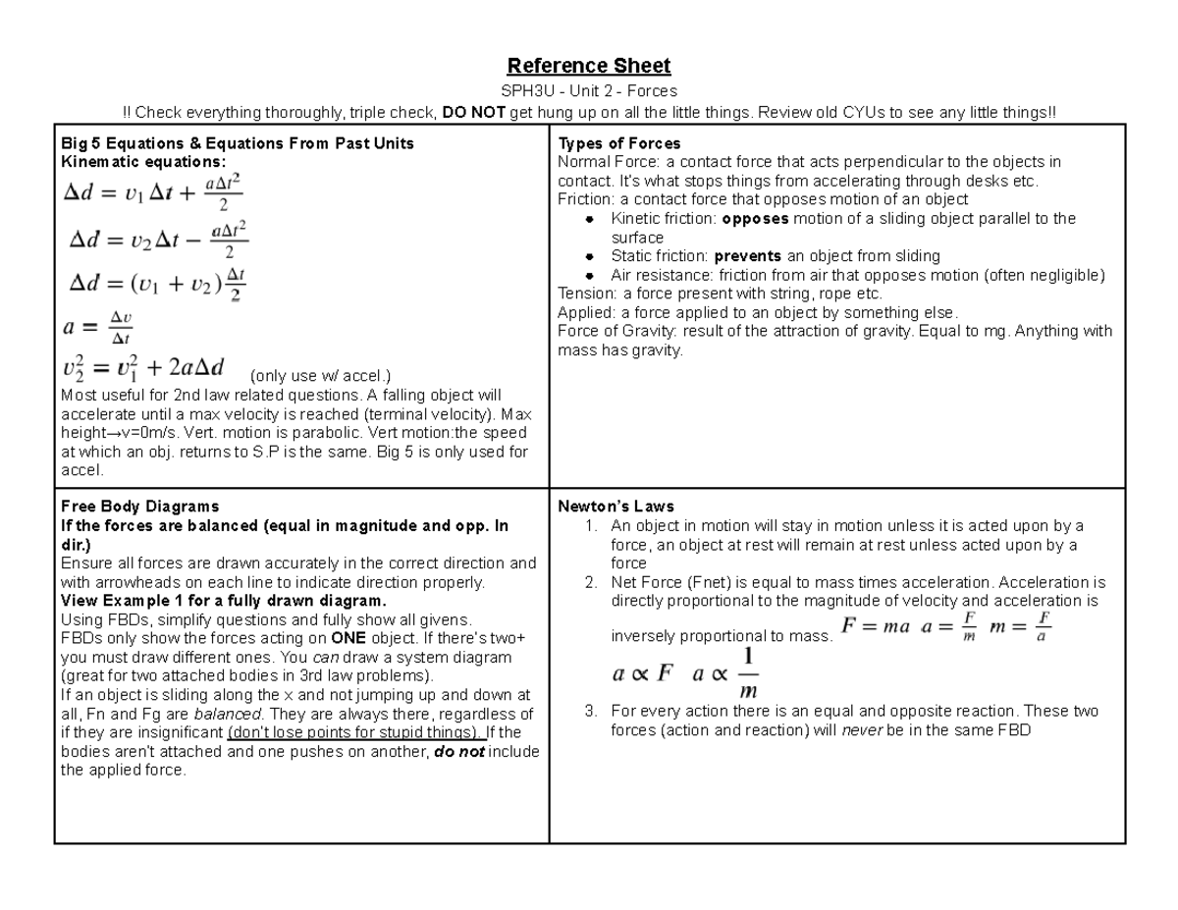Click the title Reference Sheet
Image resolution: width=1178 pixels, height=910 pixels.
pyautogui.click(x=588, y=66)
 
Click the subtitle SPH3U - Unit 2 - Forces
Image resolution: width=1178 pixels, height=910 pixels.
pyautogui.click(x=588, y=91)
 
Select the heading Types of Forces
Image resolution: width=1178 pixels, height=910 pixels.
pyautogui.click(x=618, y=143)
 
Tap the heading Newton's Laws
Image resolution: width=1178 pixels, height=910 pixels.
pyautogui.click(x=616, y=507)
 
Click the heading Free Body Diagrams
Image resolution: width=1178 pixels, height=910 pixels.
pyautogui.click(x=139, y=507)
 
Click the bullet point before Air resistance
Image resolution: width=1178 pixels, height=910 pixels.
pyautogui.click(x=589, y=276)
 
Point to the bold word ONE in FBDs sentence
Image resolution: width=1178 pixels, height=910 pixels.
pyautogui.click(x=350, y=638)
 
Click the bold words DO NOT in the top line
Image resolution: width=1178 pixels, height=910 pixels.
pyautogui.click(x=473, y=113)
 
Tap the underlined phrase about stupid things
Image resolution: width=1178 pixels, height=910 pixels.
pyautogui.click(x=354, y=732)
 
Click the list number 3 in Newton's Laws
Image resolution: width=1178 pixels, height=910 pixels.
pyautogui.click(x=590, y=711)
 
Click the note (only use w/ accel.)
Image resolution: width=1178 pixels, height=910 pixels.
pyautogui.click(x=321, y=376)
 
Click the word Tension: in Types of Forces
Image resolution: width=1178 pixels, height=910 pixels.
pyautogui.click(x=587, y=294)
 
